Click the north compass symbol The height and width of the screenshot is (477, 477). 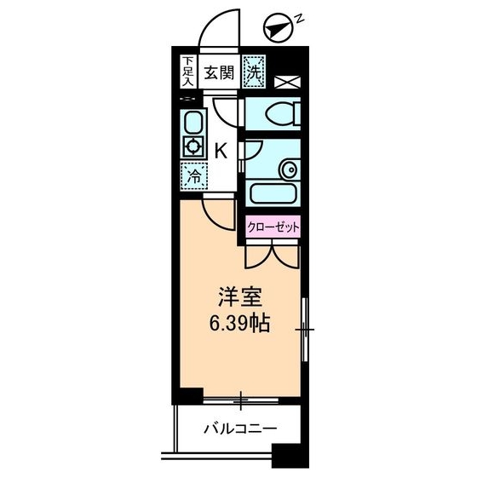[279, 27]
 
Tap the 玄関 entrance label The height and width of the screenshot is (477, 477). [220, 73]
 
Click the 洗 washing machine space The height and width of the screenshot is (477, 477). [254, 72]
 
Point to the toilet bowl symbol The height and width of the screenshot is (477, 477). [283, 114]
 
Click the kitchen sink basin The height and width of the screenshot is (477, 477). [193, 122]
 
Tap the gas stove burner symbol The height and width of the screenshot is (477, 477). [193, 147]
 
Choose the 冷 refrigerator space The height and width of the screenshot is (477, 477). [194, 176]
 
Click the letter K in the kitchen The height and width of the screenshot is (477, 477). [221, 151]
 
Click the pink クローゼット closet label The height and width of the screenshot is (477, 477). [273, 227]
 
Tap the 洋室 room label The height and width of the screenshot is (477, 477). [240, 297]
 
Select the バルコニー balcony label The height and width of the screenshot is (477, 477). [240, 429]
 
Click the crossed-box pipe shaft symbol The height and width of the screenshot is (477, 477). [288, 82]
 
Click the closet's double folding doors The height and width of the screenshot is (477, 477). [273, 255]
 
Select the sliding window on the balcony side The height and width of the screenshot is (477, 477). [240, 400]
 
